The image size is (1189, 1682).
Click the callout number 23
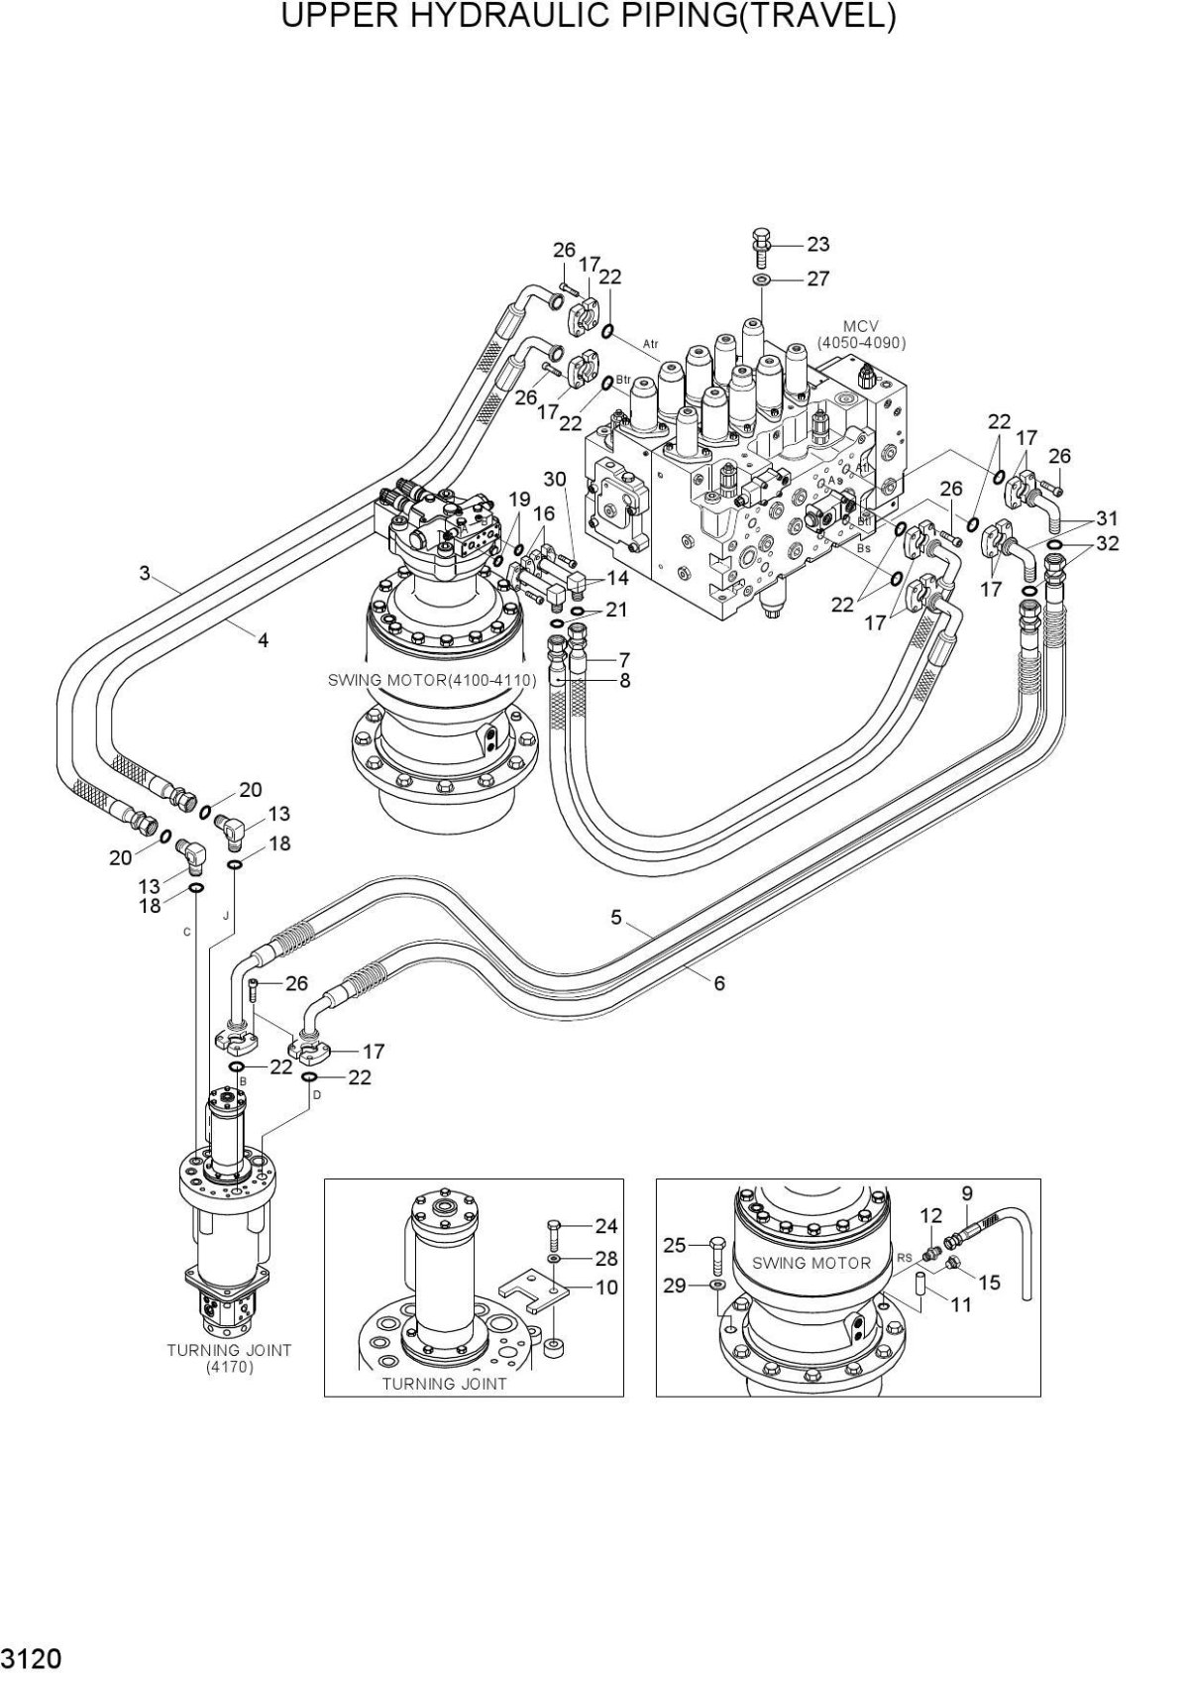point(817,244)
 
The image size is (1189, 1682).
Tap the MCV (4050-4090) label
point(860,334)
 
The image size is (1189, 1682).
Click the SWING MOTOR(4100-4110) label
point(432,681)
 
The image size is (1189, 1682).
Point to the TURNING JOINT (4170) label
point(229,1358)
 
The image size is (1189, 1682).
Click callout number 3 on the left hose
point(145,572)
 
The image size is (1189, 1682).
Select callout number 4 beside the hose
point(263,640)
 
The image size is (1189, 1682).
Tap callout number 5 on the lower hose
point(616,918)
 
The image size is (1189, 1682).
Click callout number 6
point(719,983)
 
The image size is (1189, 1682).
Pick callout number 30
point(554,480)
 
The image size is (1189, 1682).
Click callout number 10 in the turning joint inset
point(606,1288)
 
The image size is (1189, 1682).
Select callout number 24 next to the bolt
point(606,1227)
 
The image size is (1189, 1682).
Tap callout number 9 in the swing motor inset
point(967,1193)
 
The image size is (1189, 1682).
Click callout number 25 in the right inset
point(675,1244)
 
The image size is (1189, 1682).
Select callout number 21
point(616,610)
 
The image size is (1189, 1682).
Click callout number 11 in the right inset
point(961,1305)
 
